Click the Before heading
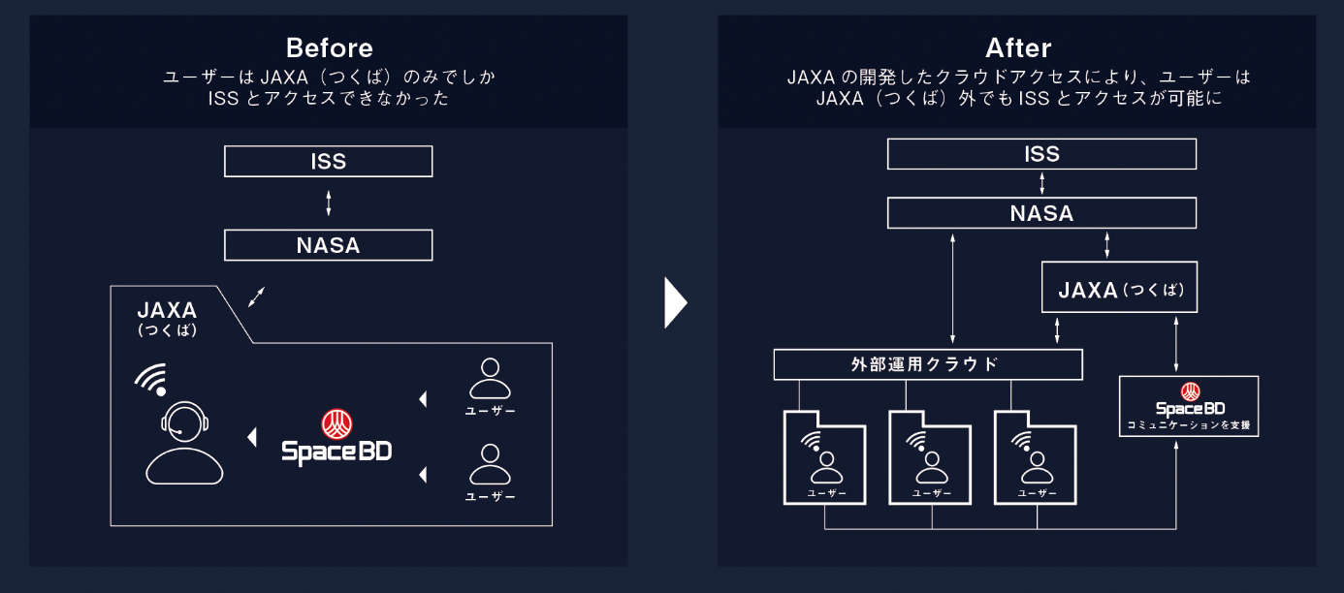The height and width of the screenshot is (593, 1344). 329,48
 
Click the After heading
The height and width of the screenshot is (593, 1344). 1017,48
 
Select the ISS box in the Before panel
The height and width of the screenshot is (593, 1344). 328,161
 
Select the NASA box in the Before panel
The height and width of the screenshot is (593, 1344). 328,245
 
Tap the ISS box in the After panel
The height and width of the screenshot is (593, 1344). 1041,154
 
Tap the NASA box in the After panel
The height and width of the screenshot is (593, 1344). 1041,213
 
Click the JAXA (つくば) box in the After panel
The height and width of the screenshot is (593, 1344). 1119,288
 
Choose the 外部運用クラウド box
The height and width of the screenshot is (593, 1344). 928,364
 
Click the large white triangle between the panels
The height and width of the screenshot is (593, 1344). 675,303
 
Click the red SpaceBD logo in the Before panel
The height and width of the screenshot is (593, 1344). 336,423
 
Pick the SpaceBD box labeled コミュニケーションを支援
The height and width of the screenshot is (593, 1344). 1189,406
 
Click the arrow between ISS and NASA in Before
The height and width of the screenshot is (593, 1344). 329,203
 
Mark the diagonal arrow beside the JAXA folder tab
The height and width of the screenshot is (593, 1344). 256,296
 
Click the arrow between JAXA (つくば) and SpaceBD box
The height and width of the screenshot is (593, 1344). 1176,344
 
